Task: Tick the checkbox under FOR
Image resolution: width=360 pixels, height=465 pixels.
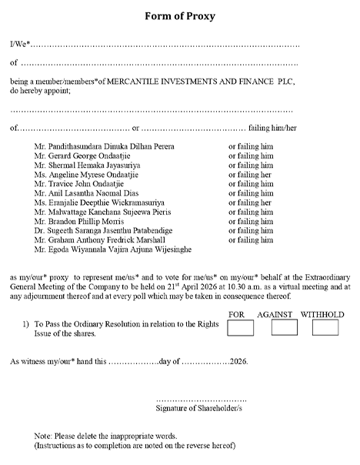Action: pos(241,328)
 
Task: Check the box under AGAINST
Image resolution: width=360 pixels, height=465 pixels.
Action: pos(284,328)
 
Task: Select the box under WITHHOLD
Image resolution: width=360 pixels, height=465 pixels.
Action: pos(325,328)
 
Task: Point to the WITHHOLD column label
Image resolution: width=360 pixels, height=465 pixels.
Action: pos(322,315)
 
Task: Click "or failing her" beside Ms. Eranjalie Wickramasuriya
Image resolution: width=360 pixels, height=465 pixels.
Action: pos(251,202)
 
